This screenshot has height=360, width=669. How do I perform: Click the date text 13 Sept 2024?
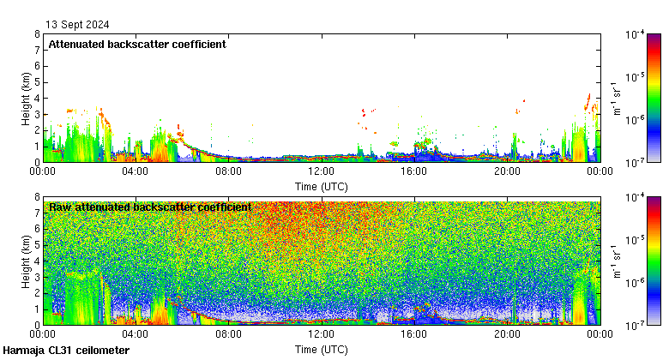pos(78,25)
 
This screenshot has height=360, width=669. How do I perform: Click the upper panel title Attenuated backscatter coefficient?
pos(137,45)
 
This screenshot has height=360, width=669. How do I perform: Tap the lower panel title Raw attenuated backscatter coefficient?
pos(150,207)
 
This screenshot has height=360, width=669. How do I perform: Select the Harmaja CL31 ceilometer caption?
pos(66,351)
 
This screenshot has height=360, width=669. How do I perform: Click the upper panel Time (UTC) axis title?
pos(321,186)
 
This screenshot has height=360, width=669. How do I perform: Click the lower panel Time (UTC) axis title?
pos(321,350)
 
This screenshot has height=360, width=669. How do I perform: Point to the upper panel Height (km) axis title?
pos(27,98)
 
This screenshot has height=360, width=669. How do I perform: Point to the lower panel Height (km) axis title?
pos(27,261)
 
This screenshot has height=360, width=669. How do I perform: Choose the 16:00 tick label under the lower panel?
pos(413,335)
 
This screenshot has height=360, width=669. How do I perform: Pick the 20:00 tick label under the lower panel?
pos(506,335)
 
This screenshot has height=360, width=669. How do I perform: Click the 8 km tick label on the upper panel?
pos(37,34)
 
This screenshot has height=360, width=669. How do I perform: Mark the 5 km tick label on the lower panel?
pos(37,245)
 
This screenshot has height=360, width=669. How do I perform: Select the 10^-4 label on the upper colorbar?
pos(636,35)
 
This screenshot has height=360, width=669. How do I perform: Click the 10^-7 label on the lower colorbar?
pos(636,325)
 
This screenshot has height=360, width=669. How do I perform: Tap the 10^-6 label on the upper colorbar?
pos(636,119)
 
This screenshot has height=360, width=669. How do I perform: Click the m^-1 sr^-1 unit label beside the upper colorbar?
pos(617,98)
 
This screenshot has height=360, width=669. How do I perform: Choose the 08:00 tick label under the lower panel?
pos(228,335)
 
